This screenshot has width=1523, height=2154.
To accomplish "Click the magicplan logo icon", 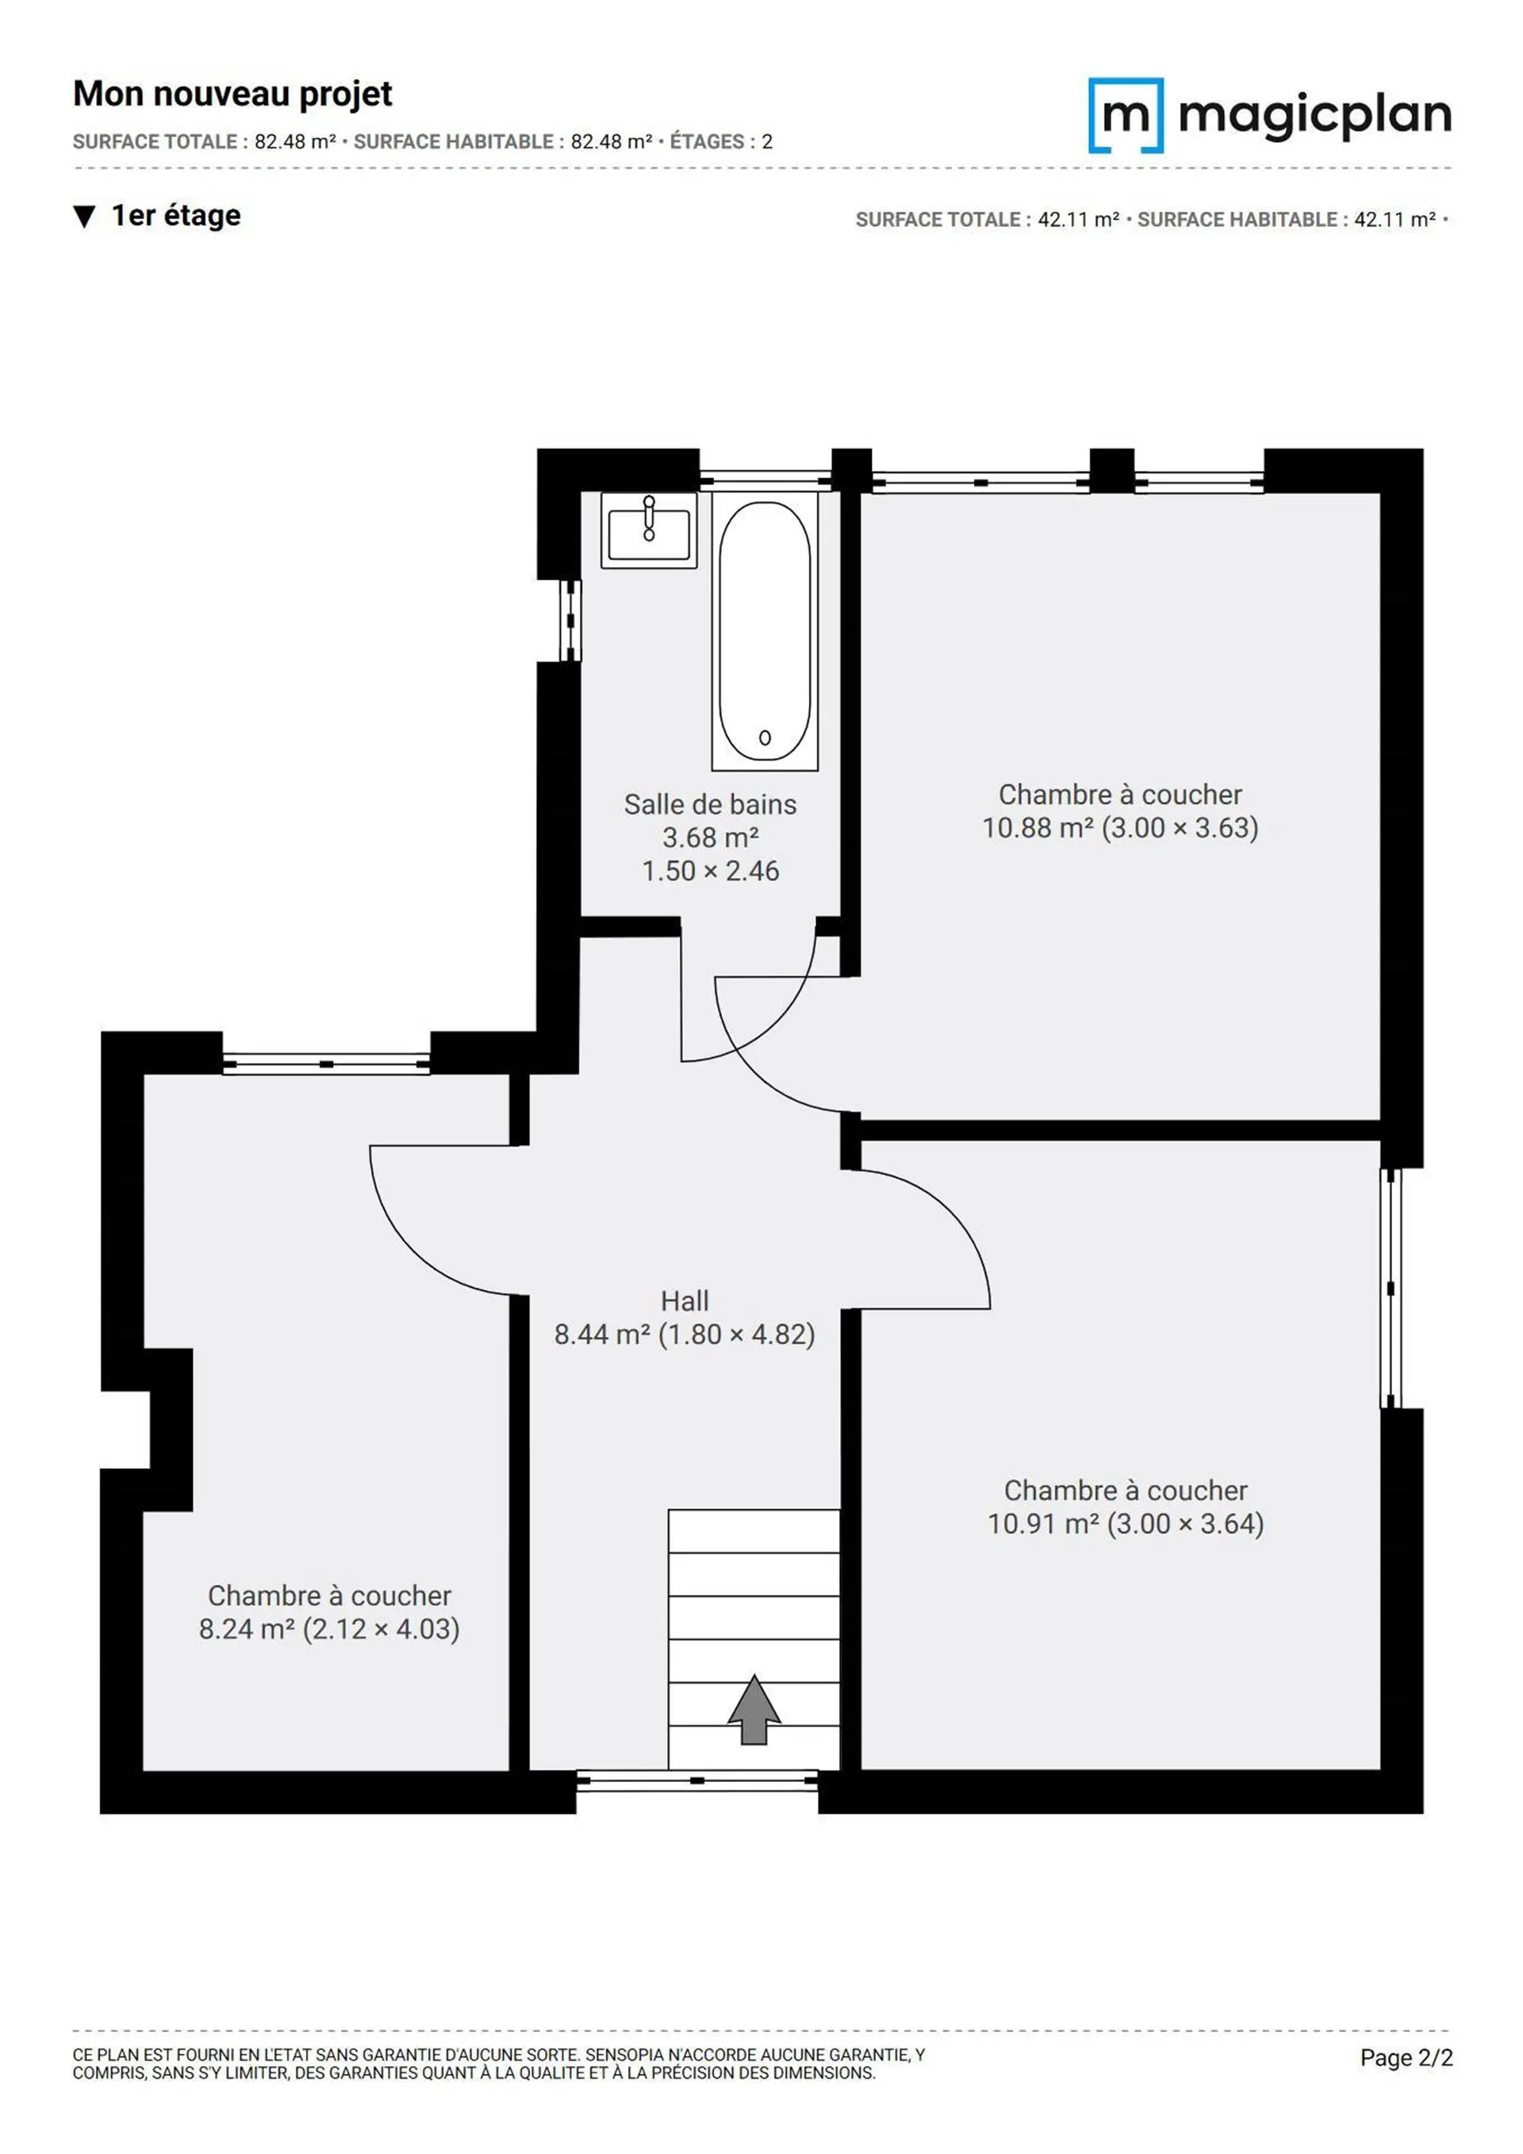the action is (x=1126, y=116).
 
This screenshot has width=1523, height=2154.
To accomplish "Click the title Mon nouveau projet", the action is (x=232, y=94).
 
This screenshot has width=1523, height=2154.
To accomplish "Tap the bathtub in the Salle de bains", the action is (x=765, y=631).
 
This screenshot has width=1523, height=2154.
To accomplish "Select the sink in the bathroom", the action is (x=648, y=531).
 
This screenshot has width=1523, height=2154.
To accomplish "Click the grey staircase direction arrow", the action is (x=754, y=1709).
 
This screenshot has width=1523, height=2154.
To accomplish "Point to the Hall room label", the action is (x=685, y=1301).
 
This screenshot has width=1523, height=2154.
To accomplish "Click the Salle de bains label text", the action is (x=711, y=804).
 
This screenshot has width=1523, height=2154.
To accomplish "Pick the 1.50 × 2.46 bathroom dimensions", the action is (x=711, y=871).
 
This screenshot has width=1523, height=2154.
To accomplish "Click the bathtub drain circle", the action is (x=765, y=738).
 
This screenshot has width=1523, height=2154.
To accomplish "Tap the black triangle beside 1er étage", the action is (x=84, y=217).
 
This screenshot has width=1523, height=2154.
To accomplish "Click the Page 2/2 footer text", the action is (x=1406, y=2057).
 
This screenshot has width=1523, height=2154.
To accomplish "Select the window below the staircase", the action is (x=697, y=1780).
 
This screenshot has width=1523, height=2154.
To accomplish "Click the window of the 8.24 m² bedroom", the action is (x=327, y=1064).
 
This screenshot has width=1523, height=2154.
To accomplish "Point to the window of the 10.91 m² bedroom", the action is (x=1391, y=1288).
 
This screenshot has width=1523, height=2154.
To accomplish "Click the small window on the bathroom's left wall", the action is (x=570, y=621).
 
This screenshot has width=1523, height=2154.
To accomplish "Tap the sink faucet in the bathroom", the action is (x=648, y=518).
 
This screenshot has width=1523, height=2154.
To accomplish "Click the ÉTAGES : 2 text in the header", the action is (x=722, y=142).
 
